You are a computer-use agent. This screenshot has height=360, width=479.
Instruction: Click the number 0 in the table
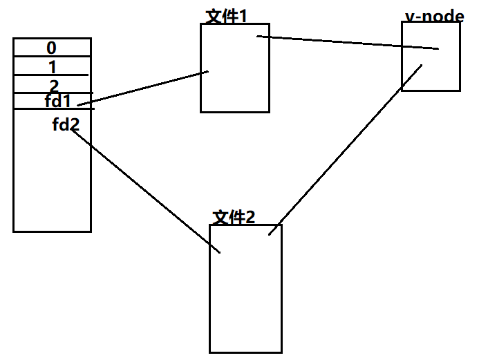[52, 48]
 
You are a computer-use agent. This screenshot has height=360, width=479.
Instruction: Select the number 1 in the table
[53, 67]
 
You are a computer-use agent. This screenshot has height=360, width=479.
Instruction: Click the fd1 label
[58, 101]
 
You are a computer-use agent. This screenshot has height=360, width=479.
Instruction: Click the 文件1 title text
[227, 16]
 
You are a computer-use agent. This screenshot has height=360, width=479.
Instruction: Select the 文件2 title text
[234, 217]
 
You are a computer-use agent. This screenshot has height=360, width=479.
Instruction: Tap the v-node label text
[434, 15]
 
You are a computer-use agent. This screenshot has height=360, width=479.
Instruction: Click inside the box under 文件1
[235, 83]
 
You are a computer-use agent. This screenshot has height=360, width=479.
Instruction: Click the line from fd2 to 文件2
[145, 190]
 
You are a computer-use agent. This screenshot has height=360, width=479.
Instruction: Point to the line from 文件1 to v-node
[348, 43]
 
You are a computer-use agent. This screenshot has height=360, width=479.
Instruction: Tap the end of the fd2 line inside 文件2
[220, 253]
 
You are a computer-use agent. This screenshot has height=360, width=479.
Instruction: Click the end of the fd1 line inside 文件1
[208, 71]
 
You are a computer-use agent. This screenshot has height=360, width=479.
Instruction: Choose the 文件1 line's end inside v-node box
[438, 49]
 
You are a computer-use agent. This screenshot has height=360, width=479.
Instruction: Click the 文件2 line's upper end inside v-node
[421, 66]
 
